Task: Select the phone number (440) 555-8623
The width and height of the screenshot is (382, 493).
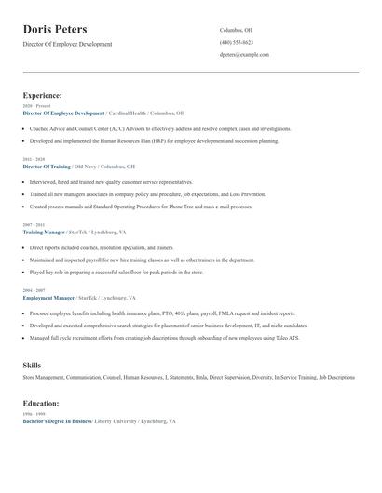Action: click(x=237, y=42)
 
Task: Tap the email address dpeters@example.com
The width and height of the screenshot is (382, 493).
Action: click(x=244, y=54)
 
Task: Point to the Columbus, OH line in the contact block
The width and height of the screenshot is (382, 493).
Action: click(x=236, y=30)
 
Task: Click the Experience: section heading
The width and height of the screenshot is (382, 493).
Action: click(x=42, y=95)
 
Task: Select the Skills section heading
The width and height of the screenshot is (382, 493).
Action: click(x=32, y=365)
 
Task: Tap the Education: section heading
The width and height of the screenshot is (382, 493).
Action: click(x=41, y=404)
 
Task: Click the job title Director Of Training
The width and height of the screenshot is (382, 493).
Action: click(x=46, y=166)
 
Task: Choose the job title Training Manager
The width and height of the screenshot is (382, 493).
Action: click(x=43, y=232)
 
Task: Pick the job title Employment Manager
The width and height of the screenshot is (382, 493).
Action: click(x=48, y=298)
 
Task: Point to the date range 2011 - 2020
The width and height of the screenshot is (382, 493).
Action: click(x=33, y=159)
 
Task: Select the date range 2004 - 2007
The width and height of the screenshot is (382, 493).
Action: click(x=33, y=291)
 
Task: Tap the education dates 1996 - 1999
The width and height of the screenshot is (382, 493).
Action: click(x=33, y=414)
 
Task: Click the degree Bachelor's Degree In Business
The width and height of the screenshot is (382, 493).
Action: click(x=57, y=421)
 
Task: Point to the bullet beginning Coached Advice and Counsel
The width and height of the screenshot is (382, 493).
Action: click(x=160, y=128)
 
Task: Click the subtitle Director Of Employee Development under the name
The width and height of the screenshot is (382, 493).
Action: click(x=67, y=44)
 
